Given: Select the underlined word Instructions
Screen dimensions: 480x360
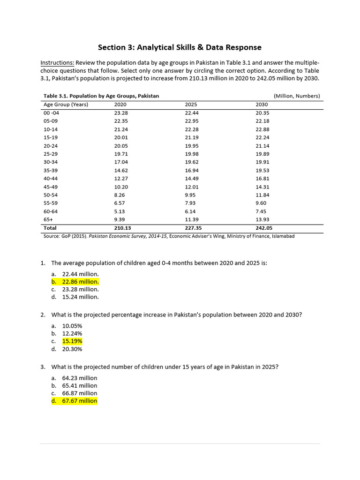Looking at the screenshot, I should (57, 63).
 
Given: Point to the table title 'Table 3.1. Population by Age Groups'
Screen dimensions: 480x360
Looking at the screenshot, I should (101, 96).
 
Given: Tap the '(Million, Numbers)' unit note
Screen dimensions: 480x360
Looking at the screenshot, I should (297, 96).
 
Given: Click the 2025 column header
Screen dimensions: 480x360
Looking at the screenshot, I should (191, 104).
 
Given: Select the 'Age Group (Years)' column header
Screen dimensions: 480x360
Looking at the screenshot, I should (66, 104).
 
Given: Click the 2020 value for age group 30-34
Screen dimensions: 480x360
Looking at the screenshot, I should (121, 162).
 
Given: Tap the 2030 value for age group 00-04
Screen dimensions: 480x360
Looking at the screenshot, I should (262, 112).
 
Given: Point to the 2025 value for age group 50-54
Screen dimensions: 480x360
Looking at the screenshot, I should (190, 195).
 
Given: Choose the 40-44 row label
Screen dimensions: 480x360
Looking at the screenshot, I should (50, 179).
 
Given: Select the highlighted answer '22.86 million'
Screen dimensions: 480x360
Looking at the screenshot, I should (80, 282).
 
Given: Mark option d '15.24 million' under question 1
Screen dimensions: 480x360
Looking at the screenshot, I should (80, 297).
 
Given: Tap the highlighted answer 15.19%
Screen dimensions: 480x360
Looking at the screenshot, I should (72, 341).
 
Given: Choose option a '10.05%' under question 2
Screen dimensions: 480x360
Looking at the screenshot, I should (72, 326).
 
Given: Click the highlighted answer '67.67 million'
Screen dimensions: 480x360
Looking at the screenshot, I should (80, 401).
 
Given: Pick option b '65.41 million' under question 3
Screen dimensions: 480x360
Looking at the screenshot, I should (80, 386).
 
